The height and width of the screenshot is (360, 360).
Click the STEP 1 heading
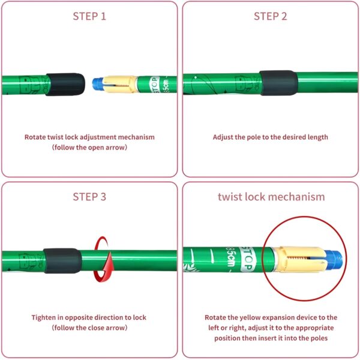pos(89,16)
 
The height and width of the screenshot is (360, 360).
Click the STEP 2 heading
pos(271,16)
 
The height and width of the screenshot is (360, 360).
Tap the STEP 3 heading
pos(89,197)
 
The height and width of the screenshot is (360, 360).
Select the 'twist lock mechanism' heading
pos(271,197)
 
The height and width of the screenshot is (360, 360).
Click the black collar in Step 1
pos(65,84)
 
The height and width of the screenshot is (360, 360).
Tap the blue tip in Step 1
pos(97,84)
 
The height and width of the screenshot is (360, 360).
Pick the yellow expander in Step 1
pos(119,84)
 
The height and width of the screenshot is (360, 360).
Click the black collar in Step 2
pos(278,83)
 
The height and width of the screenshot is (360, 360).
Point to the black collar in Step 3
pos(62,260)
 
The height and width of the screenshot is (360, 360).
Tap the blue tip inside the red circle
pos(334,260)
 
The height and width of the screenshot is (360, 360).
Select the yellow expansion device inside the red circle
pos(299,259)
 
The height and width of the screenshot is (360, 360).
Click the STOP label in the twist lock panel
pos(247,260)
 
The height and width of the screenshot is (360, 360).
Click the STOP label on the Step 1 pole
pos(155,85)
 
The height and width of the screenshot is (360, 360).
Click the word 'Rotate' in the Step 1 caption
pos(35,137)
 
